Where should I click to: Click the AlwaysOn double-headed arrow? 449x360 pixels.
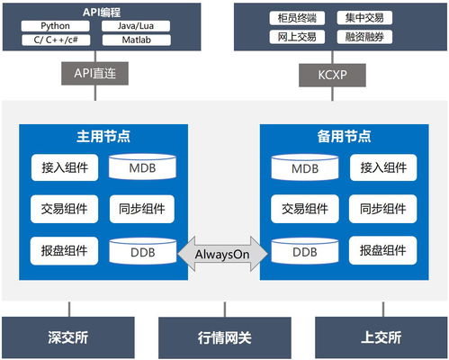tap(224, 253)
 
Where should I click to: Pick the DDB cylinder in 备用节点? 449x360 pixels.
tap(302, 252)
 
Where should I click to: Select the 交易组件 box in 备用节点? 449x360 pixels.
tap(303, 209)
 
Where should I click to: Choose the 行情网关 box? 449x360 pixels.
tap(224, 338)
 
